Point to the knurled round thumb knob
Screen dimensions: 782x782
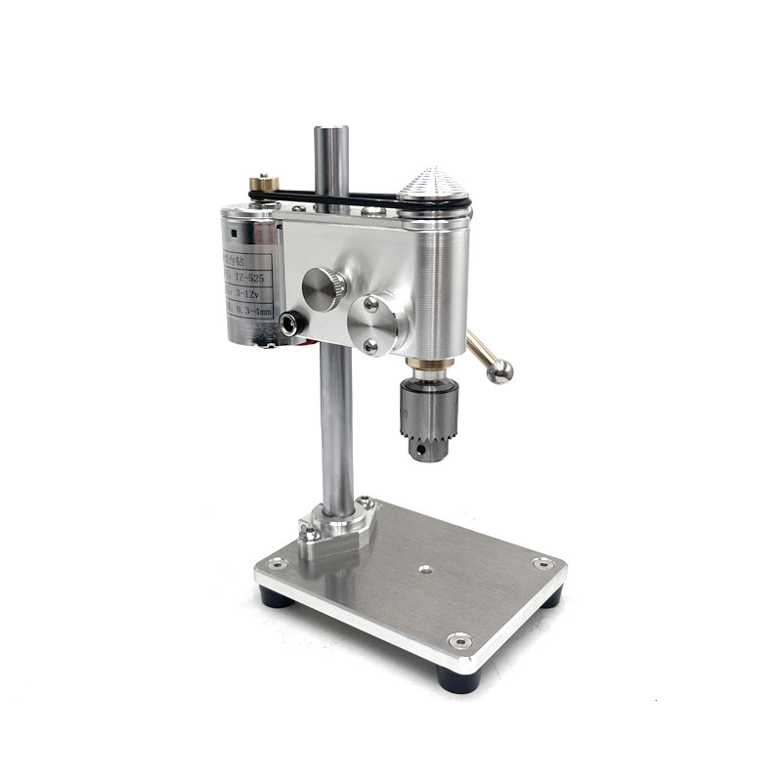[324, 288]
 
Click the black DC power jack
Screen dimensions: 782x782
[290, 322]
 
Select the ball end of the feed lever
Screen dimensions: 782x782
[500, 371]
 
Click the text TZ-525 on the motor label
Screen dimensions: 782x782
[251, 277]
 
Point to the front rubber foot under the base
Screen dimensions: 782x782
[456, 678]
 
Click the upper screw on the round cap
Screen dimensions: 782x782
[371, 305]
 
